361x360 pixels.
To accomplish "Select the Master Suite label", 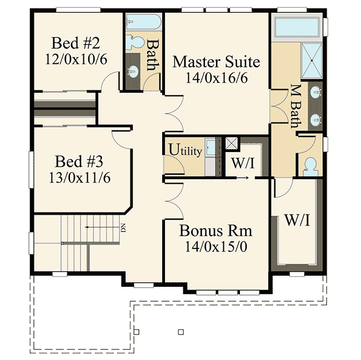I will (216, 62).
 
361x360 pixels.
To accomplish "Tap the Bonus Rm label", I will (216, 230).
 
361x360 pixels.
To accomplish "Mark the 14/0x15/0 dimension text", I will (216, 245).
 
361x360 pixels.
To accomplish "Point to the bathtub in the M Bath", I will (297, 26).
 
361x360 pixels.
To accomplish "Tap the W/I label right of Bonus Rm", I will (297, 221).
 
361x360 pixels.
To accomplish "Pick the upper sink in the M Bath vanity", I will (316, 93).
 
